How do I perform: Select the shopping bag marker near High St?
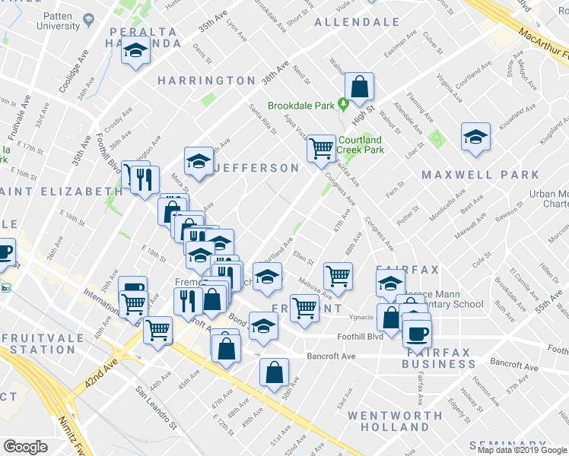359,88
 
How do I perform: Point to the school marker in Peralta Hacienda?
135,52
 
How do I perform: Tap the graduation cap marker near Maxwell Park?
476,138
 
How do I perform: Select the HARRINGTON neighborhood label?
207,81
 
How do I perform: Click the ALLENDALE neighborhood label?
367,21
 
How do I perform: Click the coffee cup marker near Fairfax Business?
416,332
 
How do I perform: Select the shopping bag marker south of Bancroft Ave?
274,372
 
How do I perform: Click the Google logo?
25,447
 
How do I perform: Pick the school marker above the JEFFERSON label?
199,161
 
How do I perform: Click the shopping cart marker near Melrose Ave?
338,275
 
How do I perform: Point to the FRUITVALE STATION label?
36,343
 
